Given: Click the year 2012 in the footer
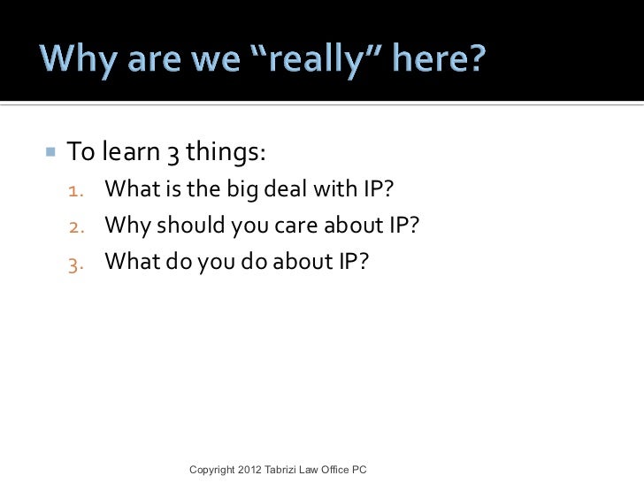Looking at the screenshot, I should coord(250,468).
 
